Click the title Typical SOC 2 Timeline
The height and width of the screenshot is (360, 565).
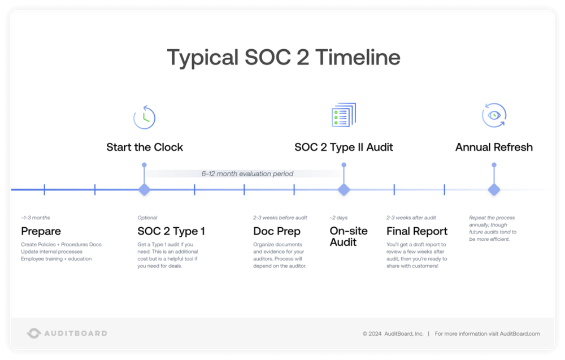283,58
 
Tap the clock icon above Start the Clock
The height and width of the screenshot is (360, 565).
145,117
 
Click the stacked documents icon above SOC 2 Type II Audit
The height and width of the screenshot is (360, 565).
344,115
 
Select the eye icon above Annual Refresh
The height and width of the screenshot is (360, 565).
494,115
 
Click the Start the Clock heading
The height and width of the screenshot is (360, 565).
145,148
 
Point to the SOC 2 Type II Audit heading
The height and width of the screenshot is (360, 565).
344,148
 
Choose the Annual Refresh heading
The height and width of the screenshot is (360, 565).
494,148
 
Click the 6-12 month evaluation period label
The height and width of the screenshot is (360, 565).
247,174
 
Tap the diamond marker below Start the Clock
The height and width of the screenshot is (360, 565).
145,189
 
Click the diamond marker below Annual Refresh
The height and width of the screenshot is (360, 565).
494,189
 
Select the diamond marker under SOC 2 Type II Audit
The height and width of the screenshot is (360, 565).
344,189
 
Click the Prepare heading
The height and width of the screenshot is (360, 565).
41,231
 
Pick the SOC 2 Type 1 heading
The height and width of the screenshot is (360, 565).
171,231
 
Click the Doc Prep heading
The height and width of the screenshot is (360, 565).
277,231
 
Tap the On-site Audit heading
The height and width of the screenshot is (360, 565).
348,236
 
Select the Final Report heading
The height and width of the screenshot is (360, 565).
417,231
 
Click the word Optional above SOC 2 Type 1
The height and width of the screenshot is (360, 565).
147,218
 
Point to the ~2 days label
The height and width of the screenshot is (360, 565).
339,218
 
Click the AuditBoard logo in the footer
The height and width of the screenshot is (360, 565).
67,333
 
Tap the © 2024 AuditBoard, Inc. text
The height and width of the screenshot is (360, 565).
393,333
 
